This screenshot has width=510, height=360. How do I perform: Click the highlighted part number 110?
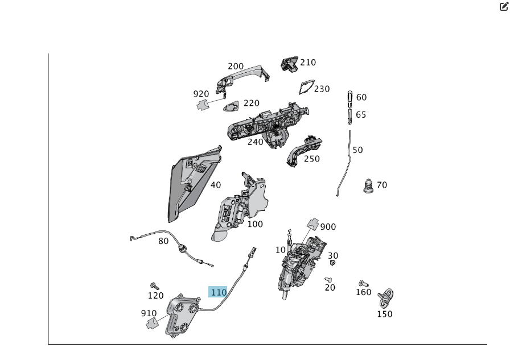point(219,292)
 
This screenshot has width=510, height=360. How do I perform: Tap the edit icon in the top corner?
point(503,7)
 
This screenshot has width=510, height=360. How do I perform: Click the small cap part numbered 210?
point(289,64)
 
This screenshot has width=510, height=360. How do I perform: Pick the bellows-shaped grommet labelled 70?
point(368,185)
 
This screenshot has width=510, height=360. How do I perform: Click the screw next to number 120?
point(153,285)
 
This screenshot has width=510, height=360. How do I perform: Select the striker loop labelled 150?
point(387,297)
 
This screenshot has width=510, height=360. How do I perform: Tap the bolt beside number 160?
point(363,283)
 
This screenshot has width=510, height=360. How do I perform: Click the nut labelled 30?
point(332,262)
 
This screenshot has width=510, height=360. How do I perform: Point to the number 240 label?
point(256,142)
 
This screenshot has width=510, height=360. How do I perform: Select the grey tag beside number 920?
point(203,104)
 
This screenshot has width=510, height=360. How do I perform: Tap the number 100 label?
point(255,224)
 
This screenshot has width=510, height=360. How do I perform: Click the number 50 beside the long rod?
point(357,150)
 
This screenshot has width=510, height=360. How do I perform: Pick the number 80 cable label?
point(163,241)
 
